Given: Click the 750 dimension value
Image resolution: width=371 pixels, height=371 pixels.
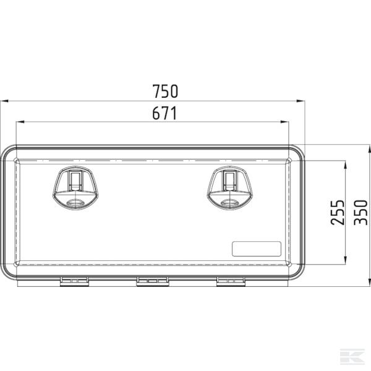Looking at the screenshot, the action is (x=165, y=92).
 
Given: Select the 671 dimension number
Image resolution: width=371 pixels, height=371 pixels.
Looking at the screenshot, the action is (x=164, y=113).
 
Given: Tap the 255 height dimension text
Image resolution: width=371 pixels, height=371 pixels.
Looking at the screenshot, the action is (x=338, y=213).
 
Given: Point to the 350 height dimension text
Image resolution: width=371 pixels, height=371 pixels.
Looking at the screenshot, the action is (x=360, y=213).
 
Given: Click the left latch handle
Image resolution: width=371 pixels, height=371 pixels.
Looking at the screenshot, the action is (x=75, y=188).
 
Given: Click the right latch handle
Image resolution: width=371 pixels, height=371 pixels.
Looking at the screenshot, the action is (x=230, y=188).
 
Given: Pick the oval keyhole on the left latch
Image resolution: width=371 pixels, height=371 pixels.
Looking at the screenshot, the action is (x=75, y=203).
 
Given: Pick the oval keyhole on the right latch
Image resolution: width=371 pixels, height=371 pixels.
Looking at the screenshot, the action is (x=230, y=203).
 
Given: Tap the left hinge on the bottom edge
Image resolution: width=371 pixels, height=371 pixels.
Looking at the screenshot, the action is (x=74, y=281).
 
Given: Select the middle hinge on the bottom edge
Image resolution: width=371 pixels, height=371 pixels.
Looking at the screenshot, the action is (x=153, y=281).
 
